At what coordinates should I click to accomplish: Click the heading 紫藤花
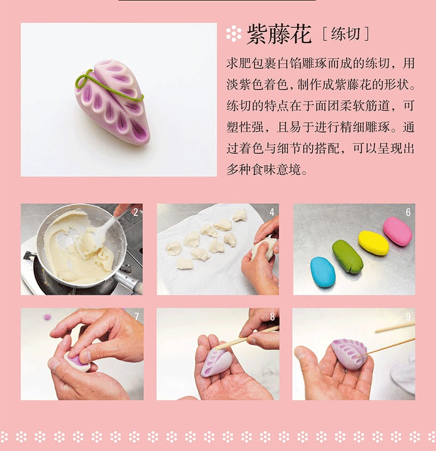[279, 34]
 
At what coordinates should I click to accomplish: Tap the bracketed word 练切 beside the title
[346, 34]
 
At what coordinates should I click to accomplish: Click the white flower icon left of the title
[233, 34]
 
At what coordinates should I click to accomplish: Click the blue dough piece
[323, 272]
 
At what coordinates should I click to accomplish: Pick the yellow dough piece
[374, 243]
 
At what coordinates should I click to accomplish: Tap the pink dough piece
[398, 231]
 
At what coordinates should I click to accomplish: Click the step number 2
[136, 212]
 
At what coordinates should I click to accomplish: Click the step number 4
[272, 212]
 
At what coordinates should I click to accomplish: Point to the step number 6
[408, 212]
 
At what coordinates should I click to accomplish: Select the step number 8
[272, 317]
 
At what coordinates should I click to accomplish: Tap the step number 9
[408, 317]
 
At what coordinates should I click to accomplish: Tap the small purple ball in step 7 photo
[47, 317]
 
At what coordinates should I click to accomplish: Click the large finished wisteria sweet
[112, 101]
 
